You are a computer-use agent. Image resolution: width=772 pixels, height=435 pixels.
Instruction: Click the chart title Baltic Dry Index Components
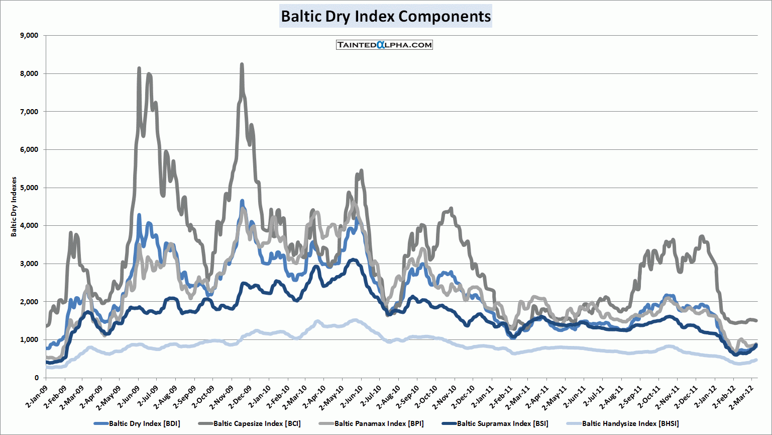point(386,16)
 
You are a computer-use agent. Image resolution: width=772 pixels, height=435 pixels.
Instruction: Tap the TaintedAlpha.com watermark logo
point(384,45)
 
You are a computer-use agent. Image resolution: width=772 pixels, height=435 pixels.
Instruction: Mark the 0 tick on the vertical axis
point(37,378)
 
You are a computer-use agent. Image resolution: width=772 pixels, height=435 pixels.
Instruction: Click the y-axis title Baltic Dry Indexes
point(14,207)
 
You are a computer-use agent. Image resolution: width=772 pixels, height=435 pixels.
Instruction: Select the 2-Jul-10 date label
point(370,395)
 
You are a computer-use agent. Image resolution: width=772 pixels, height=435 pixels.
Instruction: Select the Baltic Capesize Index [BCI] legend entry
point(257,423)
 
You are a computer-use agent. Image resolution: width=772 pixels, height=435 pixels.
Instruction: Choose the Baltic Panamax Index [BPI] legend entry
point(379,423)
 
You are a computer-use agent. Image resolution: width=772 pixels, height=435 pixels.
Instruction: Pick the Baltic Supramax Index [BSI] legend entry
point(502,423)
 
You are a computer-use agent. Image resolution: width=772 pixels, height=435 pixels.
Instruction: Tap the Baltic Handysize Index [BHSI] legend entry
point(630,423)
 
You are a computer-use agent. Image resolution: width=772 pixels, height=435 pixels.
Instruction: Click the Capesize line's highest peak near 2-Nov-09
point(242,64)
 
